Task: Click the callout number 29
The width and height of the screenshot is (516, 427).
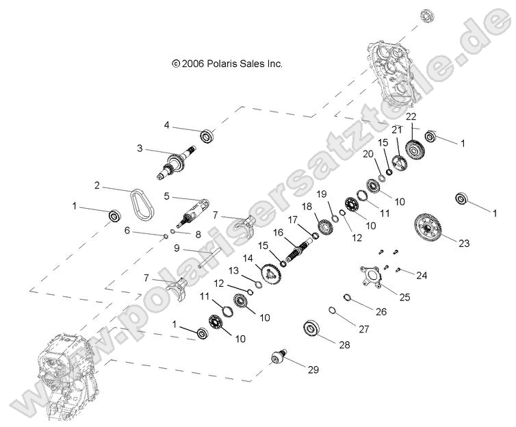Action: [x=313, y=370]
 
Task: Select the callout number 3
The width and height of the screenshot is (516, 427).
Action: [x=139, y=148]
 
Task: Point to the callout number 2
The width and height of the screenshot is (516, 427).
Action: [x=96, y=185]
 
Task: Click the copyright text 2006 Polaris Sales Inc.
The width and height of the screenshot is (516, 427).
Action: [x=227, y=63]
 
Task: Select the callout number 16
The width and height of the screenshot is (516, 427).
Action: [x=278, y=233]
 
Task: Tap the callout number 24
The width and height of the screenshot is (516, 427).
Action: [x=422, y=276]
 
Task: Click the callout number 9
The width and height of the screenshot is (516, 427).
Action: [x=176, y=248]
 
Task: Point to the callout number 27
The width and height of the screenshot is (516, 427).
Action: [x=363, y=329]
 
